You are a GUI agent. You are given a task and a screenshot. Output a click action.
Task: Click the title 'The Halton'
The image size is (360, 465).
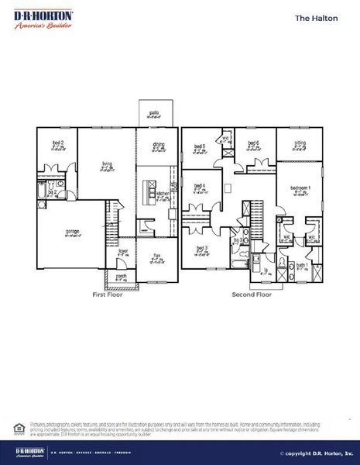pos(317,17)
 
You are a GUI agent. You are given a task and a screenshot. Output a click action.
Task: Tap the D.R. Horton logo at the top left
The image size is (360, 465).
pos(43,19)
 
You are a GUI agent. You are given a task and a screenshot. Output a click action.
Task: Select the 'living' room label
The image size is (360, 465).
pos(108,164)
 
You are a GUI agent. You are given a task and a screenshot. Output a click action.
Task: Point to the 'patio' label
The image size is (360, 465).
pos(154,113)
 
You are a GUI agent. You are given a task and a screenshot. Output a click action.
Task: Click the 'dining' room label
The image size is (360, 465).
pos(158,144)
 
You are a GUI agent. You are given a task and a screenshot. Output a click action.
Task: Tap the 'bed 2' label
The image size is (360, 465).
pos(57,143)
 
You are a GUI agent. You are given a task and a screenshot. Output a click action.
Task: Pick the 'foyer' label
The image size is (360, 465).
pos(122,251)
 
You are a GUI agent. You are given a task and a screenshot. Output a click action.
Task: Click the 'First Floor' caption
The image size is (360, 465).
pos(108,294)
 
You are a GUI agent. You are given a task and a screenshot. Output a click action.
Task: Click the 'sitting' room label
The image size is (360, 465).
pos(300,143)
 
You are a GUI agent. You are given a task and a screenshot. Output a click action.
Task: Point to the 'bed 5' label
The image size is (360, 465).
pos(199,146)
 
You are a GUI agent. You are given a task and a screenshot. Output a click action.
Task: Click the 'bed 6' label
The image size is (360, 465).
pos(252,143)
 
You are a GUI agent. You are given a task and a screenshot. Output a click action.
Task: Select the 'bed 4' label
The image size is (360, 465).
pos(199,186)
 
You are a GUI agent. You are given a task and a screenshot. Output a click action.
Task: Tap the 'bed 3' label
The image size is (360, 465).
pos(202,249)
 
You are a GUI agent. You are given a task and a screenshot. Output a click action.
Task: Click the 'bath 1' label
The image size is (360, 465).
pos(301,266)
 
